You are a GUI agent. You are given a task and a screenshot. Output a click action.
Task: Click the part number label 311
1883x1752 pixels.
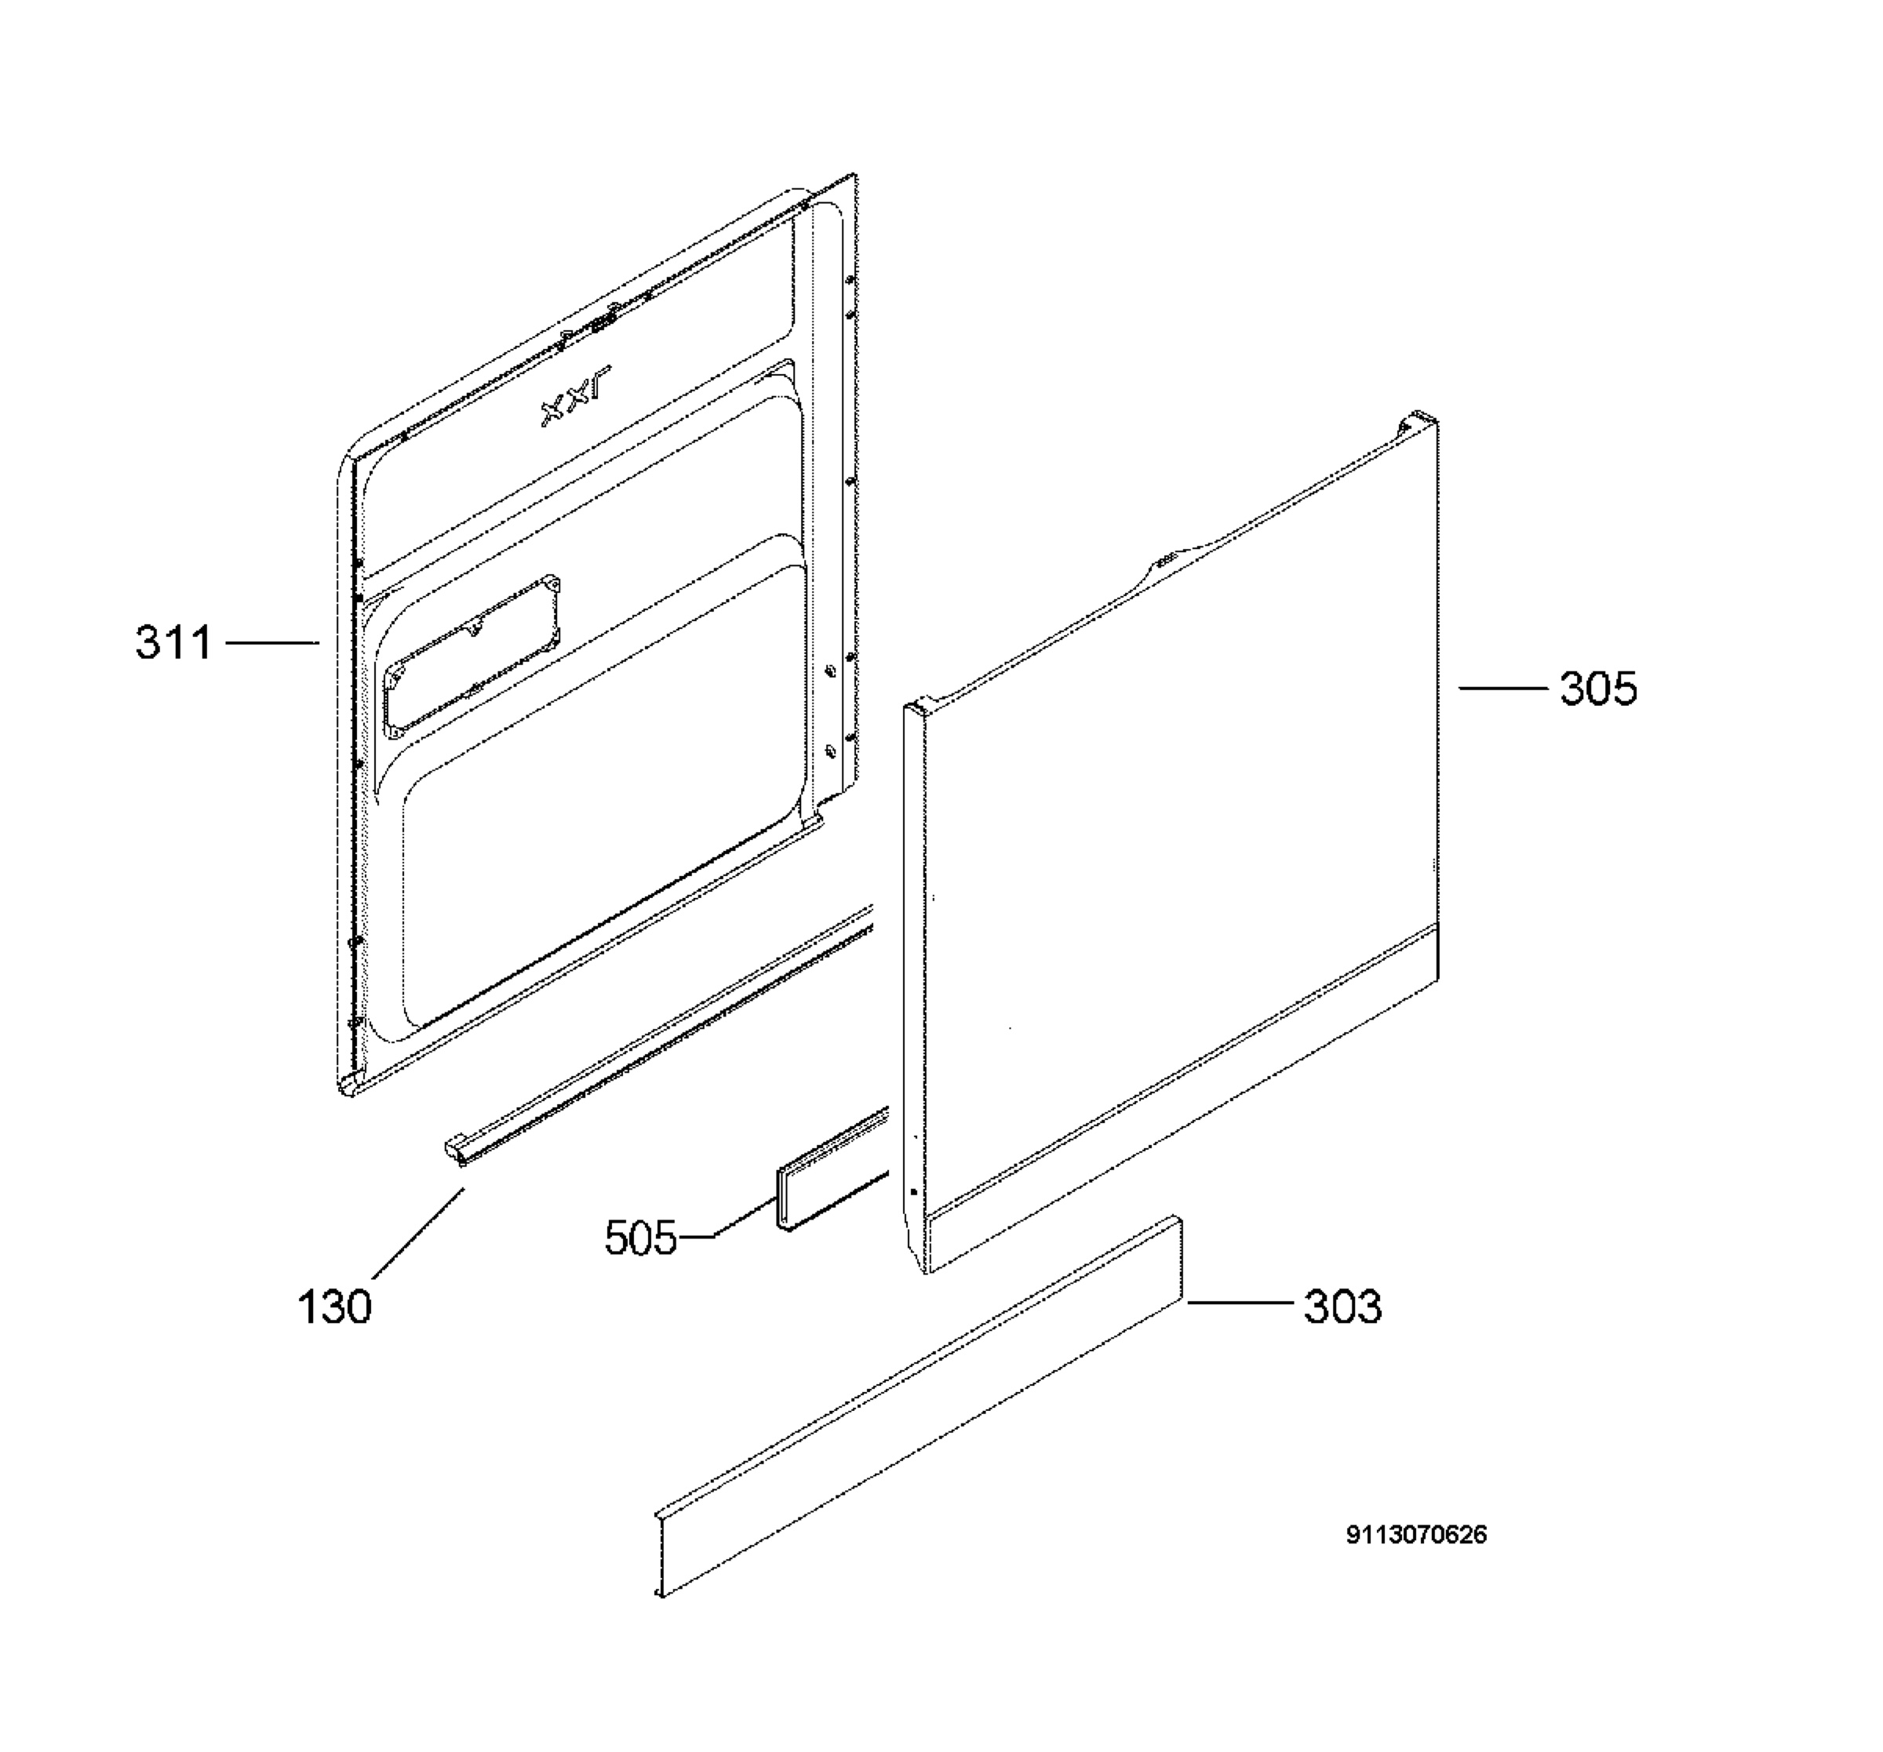[x=174, y=643]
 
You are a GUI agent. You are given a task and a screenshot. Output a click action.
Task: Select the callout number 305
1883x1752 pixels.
[x=1599, y=689]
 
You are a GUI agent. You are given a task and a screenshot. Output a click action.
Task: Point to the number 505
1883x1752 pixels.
[x=641, y=1238]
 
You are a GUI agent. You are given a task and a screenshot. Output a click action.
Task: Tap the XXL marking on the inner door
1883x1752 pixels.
[x=576, y=396]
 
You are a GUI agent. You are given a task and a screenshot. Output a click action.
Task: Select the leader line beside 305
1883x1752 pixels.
[x=1502, y=689]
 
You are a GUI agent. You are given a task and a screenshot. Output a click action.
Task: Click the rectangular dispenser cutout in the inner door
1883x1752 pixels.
[x=472, y=652]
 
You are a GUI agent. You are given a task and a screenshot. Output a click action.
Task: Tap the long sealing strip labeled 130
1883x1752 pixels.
[x=658, y=1036]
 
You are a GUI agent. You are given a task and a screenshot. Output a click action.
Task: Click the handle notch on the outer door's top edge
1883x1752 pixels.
[x=1165, y=562]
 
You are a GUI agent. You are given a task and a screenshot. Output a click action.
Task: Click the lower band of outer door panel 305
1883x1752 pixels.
[x=1184, y=1099]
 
